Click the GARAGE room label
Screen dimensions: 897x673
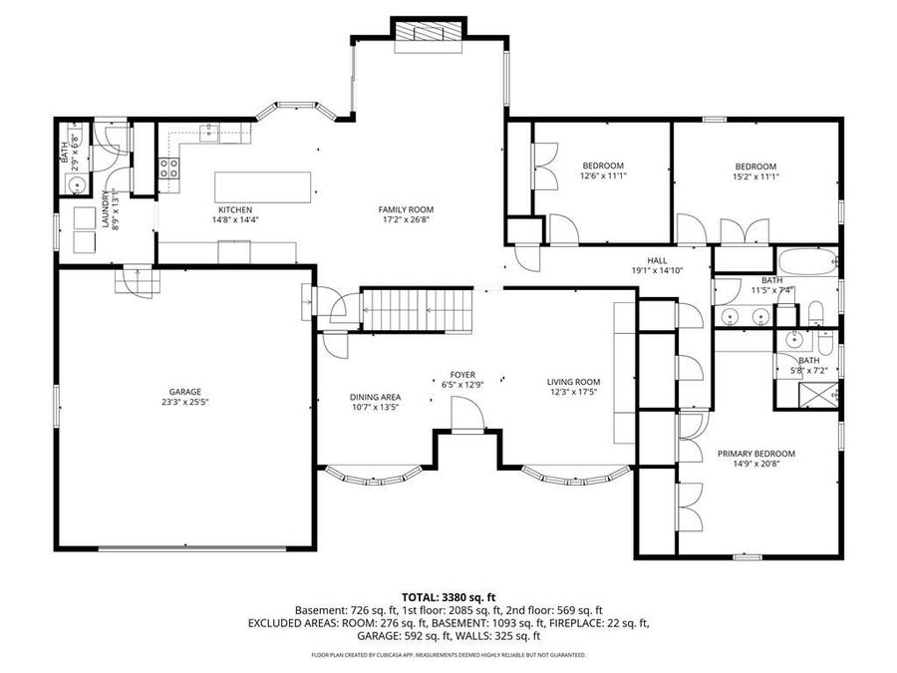tap(184, 392)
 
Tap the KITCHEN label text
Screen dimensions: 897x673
tap(235, 210)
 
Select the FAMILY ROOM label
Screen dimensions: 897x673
tap(406, 209)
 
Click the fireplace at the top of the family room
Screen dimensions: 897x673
tap(429, 32)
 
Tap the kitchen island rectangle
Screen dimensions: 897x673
tap(263, 187)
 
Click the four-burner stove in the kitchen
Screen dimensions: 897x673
tap(168, 168)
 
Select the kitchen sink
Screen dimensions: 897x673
tap(209, 133)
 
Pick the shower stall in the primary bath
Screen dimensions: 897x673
tap(818, 395)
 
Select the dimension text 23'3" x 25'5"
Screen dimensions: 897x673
tap(184, 403)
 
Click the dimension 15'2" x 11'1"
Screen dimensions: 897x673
tap(755, 176)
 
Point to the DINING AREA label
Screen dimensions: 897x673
tap(376, 397)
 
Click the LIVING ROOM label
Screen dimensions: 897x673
tap(573, 382)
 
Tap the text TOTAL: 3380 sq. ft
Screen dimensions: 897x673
tap(448, 598)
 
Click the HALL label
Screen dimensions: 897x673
tap(658, 260)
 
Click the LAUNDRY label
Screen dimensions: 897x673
tap(106, 208)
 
